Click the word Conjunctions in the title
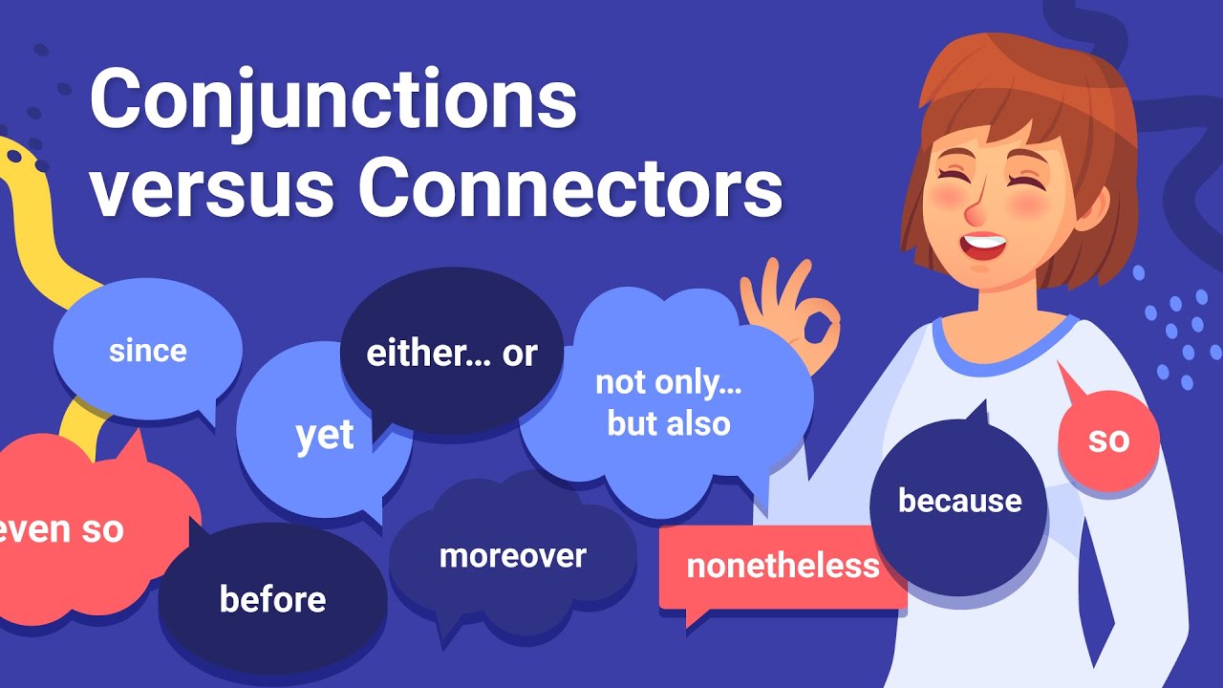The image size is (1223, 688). click(x=333, y=100)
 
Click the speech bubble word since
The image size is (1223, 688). click(x=148, y=351)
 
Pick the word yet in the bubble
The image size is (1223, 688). click(x=325, y=436)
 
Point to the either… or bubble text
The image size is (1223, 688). click(x=452, y=354)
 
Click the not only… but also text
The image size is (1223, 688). click(x=669, y=402)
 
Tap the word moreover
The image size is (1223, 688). click(x=512, y=555)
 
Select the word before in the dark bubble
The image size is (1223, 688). click(x=272, y=599)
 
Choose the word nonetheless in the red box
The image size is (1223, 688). click(x=783, y=566)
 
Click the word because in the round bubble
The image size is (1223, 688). click(x=959, y=501)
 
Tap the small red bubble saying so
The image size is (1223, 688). click(x=1108, y=440)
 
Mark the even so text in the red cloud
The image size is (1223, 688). click(x=62, y=530)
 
